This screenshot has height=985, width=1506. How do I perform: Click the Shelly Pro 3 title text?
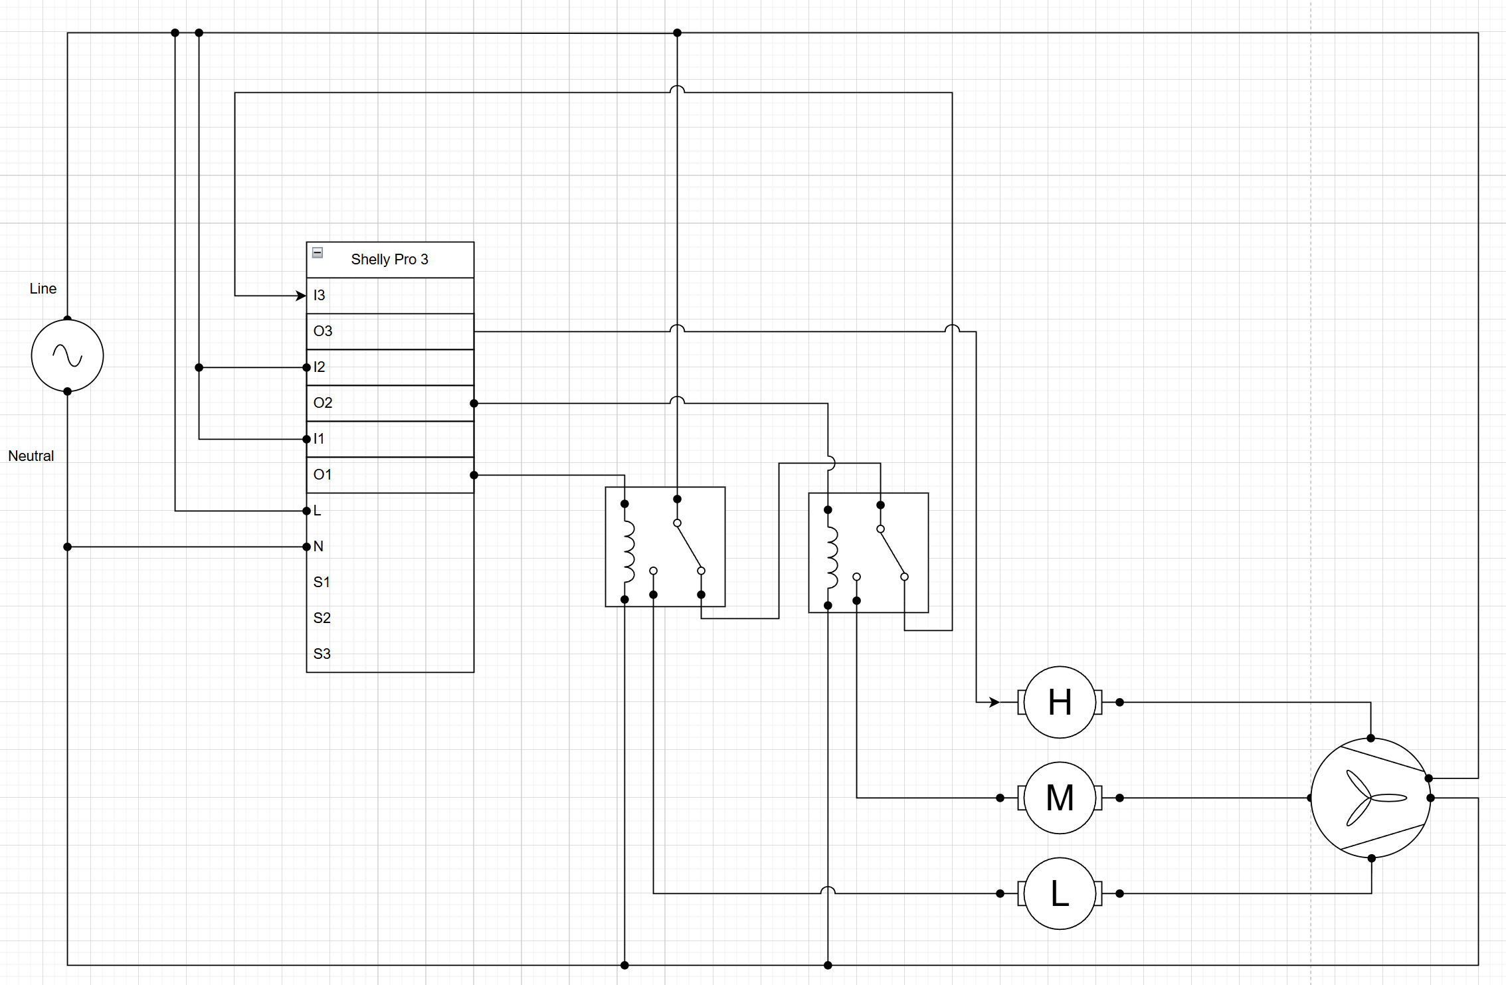pos(389,259)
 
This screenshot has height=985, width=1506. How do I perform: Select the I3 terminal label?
pos(319,295)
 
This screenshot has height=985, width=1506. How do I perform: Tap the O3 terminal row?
pos(390,331)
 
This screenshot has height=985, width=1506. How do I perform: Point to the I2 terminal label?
pos(319,367)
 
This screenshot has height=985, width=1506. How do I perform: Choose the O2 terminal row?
pos(390,403)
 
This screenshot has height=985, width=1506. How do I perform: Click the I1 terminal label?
pos(318,438)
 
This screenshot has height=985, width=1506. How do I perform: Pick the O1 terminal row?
pos(390,475)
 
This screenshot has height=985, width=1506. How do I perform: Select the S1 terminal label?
pos(322,582)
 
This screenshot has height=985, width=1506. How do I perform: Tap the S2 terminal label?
pos(322,618)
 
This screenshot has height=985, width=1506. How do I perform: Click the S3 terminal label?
pos(322,654)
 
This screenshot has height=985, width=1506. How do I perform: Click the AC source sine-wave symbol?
pos(67,355)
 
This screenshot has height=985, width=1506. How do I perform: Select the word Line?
pos(43,288)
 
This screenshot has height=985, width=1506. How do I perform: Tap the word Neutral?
pos(31,456)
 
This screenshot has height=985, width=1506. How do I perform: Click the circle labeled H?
pos(1060,702)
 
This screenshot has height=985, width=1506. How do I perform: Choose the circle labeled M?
pos(1060,798)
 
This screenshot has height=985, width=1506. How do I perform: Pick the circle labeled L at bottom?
pos(1060,893)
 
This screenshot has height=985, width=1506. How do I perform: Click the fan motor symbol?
pos(1370,798)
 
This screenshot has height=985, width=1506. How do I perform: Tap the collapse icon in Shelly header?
pos(318,252)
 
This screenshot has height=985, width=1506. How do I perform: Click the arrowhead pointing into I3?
pos(301,296)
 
